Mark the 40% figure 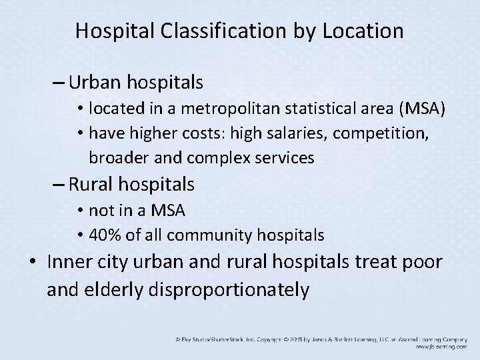coord(104,235)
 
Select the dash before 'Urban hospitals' coord(57,83)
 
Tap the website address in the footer coord(440,347)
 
